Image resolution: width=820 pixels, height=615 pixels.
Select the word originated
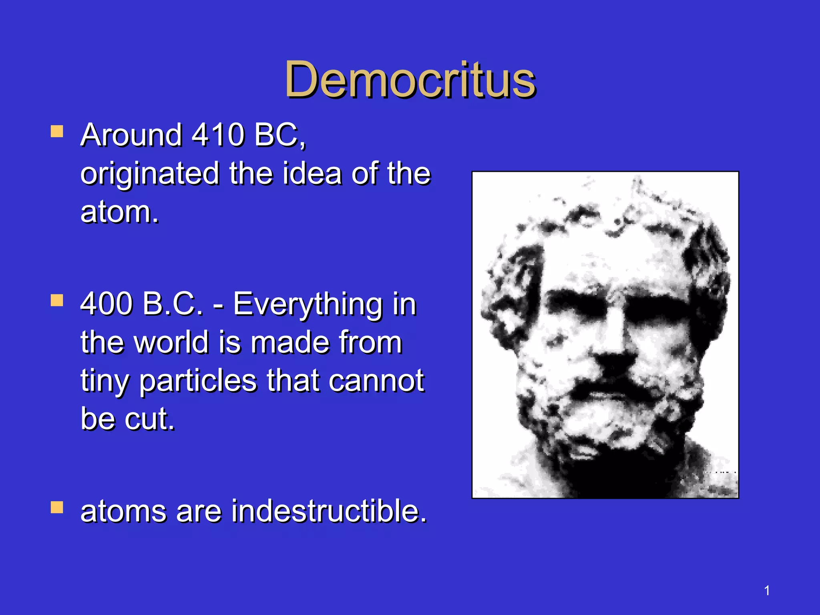(150, 174)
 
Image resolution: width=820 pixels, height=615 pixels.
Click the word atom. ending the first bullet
(119, 212)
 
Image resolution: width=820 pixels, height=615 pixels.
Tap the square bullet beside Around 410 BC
(57, 132)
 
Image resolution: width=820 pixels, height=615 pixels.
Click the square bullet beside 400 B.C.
(57, 300)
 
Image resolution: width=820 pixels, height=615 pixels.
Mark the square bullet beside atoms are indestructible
(57, 508)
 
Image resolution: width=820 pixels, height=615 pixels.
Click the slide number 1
(767, 591)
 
